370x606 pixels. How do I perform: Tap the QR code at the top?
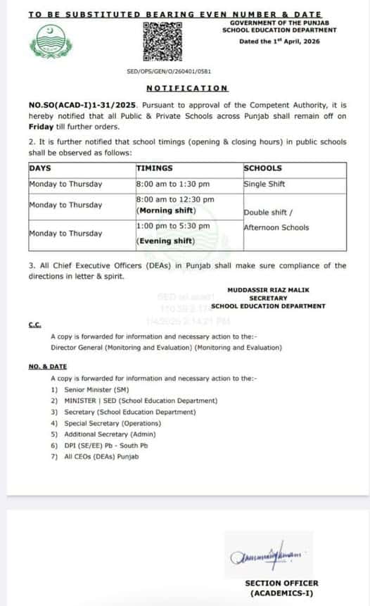(162, 42)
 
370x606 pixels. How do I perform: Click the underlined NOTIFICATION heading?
(186, 88)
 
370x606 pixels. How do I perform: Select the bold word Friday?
(41, 127)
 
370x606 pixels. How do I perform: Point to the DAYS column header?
(41, 169)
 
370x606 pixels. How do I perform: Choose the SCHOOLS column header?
(262, 169)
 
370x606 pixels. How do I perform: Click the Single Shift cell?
(264, 184)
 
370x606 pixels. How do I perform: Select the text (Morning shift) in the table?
(165, 210)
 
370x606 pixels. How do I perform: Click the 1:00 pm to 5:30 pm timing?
(172, 226)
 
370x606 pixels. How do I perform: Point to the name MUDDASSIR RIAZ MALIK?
(268, 290)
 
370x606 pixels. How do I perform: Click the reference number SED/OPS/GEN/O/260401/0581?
(169, 72)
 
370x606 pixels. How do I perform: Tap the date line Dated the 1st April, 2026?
(279, 42)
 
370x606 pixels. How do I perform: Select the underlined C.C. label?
(35, 325)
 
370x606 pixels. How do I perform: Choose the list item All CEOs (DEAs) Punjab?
(101, 457)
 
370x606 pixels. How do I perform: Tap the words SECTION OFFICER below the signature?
(272, 583)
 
